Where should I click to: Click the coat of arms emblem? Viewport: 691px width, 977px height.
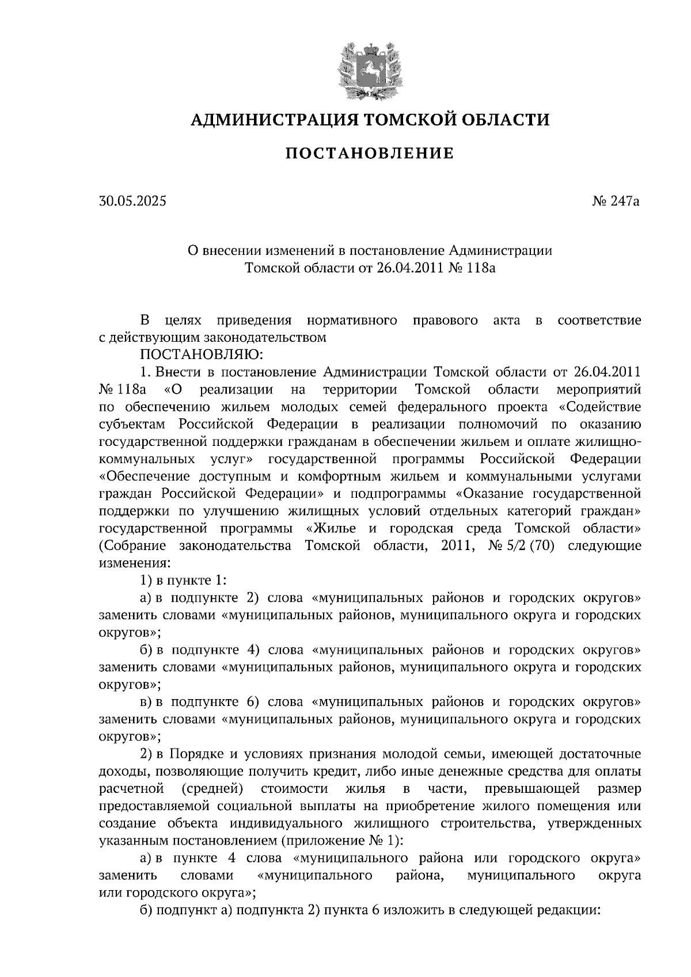pyautogui.click(x=370, y=69)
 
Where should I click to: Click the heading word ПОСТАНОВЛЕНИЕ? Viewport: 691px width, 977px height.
pyautogui.click(x=370, y=154)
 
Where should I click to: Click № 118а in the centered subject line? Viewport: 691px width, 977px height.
pyautogui.click(x=471, y=268)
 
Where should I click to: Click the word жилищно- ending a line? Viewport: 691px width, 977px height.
pyautogui.click(x=611, y=442)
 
